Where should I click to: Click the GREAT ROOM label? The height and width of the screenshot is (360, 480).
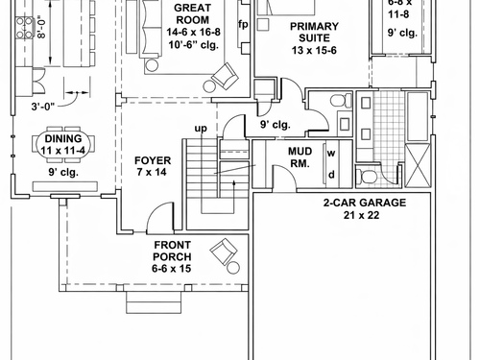(x=192, y=13)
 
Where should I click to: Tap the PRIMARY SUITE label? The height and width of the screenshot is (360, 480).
(x=314, y=32)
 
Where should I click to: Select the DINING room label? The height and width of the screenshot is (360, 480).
(x=63, y=138)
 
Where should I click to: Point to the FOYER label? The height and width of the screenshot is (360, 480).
(x=153, y=160)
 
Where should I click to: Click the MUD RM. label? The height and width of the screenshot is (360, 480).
(x=300, y=157)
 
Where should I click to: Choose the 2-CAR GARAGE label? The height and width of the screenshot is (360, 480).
(x=365, y=203)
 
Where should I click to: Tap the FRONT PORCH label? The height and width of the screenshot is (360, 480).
(x=172, y=251)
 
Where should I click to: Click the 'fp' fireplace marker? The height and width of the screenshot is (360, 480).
(x=243, y=24)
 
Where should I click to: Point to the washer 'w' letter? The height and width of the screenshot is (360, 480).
(x=331, y=154)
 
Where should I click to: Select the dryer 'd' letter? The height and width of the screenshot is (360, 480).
(x=332, y=175)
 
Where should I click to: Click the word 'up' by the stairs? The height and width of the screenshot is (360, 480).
(x=201, y=129)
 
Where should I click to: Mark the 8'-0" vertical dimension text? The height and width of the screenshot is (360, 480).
(x=41, y=27)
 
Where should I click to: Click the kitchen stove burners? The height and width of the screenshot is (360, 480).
(x=24, y=28)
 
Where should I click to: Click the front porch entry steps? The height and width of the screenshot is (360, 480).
(x=154, y=302)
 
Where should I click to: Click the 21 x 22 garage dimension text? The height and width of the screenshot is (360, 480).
(x=362, y=215)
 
